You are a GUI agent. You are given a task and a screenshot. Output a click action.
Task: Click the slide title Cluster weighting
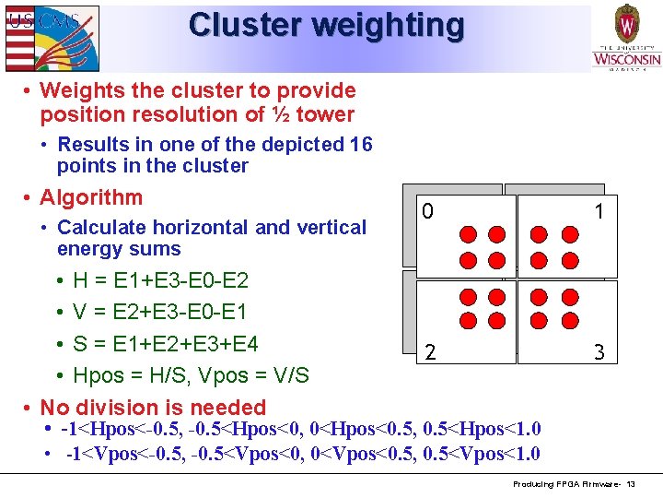(x=326, y=25)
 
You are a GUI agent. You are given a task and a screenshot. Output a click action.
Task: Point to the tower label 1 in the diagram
(x=599, y=212)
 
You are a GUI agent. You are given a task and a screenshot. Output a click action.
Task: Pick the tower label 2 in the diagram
(x=428, y=351)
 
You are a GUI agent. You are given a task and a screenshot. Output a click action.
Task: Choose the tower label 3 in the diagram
(x=599, y=351)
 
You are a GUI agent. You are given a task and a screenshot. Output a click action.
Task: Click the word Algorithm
(x=91, y=197)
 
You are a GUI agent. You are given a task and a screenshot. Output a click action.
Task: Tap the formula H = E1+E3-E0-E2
(x=160, y=280)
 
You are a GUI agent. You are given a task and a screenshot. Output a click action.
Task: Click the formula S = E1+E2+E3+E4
(x=166, y=344)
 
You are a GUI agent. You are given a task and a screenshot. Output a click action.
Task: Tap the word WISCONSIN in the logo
(x=626, y=59)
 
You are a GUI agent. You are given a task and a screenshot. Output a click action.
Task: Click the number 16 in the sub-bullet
(x=361, y=145)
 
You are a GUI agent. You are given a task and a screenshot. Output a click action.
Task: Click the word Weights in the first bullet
(x=77, y=90)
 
